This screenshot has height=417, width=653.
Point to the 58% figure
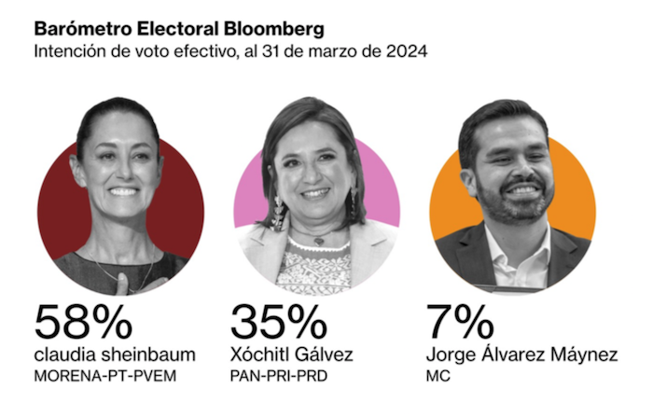(83, 322)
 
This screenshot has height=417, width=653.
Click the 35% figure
(278, 322)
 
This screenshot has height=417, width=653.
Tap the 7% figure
(459, 322)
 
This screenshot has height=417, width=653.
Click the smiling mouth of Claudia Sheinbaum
(123, 191)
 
